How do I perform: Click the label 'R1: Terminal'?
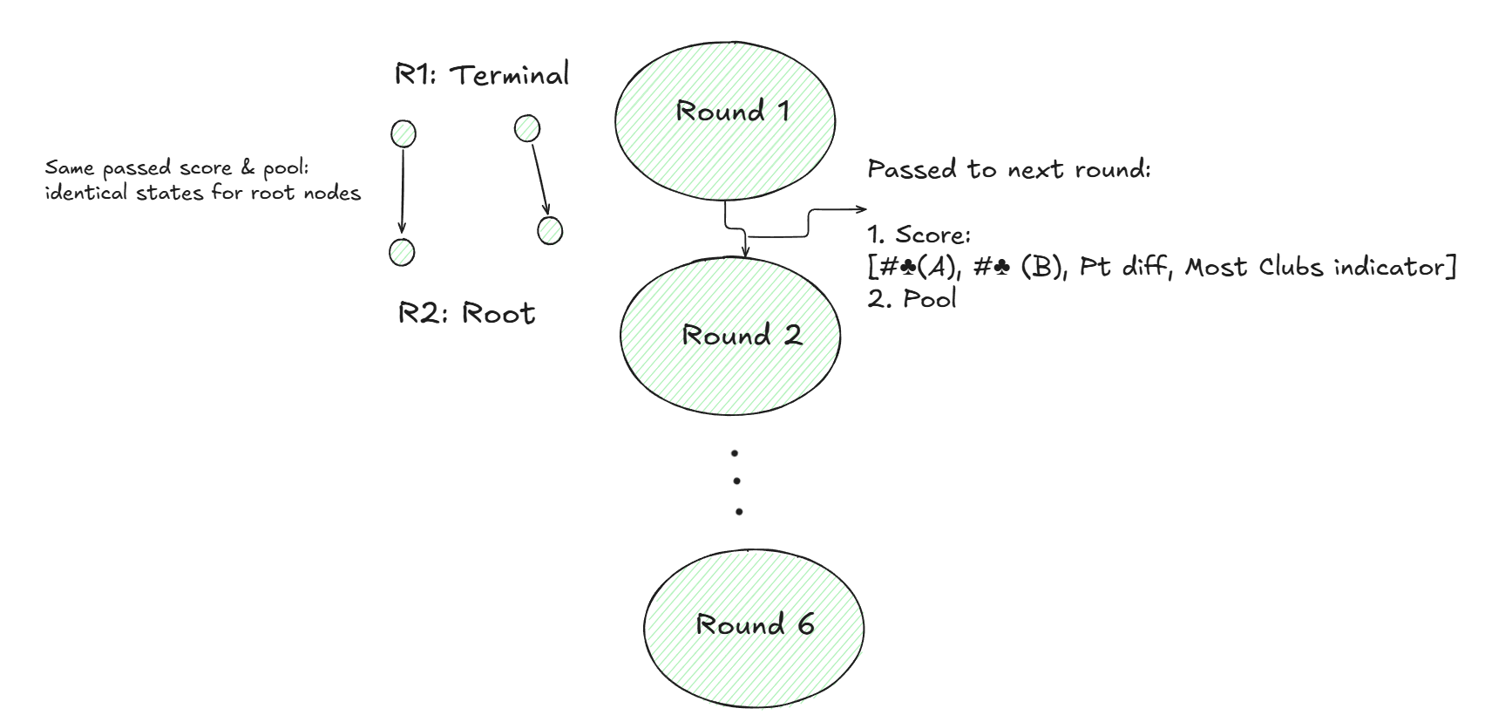482,75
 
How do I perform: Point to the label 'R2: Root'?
466,313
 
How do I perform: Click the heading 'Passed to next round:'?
1009,169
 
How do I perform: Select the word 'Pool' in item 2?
930,299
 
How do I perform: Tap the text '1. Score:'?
919,235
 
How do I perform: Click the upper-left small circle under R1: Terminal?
403,134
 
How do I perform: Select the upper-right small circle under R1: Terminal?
527,129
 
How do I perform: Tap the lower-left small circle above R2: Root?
402,252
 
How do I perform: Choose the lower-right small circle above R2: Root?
550,231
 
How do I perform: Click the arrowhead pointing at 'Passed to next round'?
864,209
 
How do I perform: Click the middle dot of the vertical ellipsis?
737,480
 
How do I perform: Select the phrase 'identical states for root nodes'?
202,193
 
